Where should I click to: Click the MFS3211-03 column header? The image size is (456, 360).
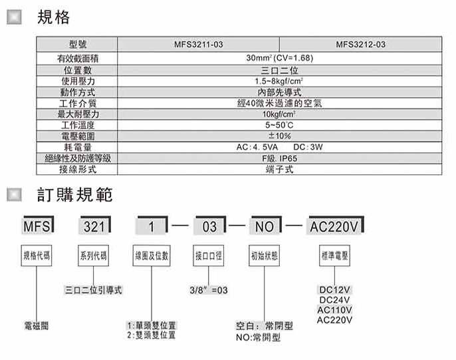tap(199, 45)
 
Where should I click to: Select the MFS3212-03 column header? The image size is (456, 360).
tap(361, 45)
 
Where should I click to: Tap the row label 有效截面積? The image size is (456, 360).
tap(78, 58)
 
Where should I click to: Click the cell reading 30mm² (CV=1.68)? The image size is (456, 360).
tap(279, 58)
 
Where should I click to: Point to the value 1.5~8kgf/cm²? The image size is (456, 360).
tap(279, 81)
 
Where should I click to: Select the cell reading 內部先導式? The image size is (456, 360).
tap(279, 92)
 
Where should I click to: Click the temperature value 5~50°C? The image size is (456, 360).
tap(279, 125)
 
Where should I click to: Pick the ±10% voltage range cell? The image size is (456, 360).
tap(279, 136)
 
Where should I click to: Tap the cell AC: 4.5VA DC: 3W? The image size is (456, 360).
tap(279, 147)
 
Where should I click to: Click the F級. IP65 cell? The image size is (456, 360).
tap(279, 158)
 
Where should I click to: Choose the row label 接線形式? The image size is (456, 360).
tap(78, 169)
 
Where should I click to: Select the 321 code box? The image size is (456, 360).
tap(94, 226)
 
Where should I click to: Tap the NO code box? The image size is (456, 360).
tap(265, 226)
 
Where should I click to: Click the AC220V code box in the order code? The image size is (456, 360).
tap(334, 226)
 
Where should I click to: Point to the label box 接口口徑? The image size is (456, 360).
tap(208, 256)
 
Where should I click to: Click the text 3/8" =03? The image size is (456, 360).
tap(208, 290)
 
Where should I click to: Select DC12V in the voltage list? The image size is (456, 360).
tap(334, 290)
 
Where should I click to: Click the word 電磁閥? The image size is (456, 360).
tap(34, 326)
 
